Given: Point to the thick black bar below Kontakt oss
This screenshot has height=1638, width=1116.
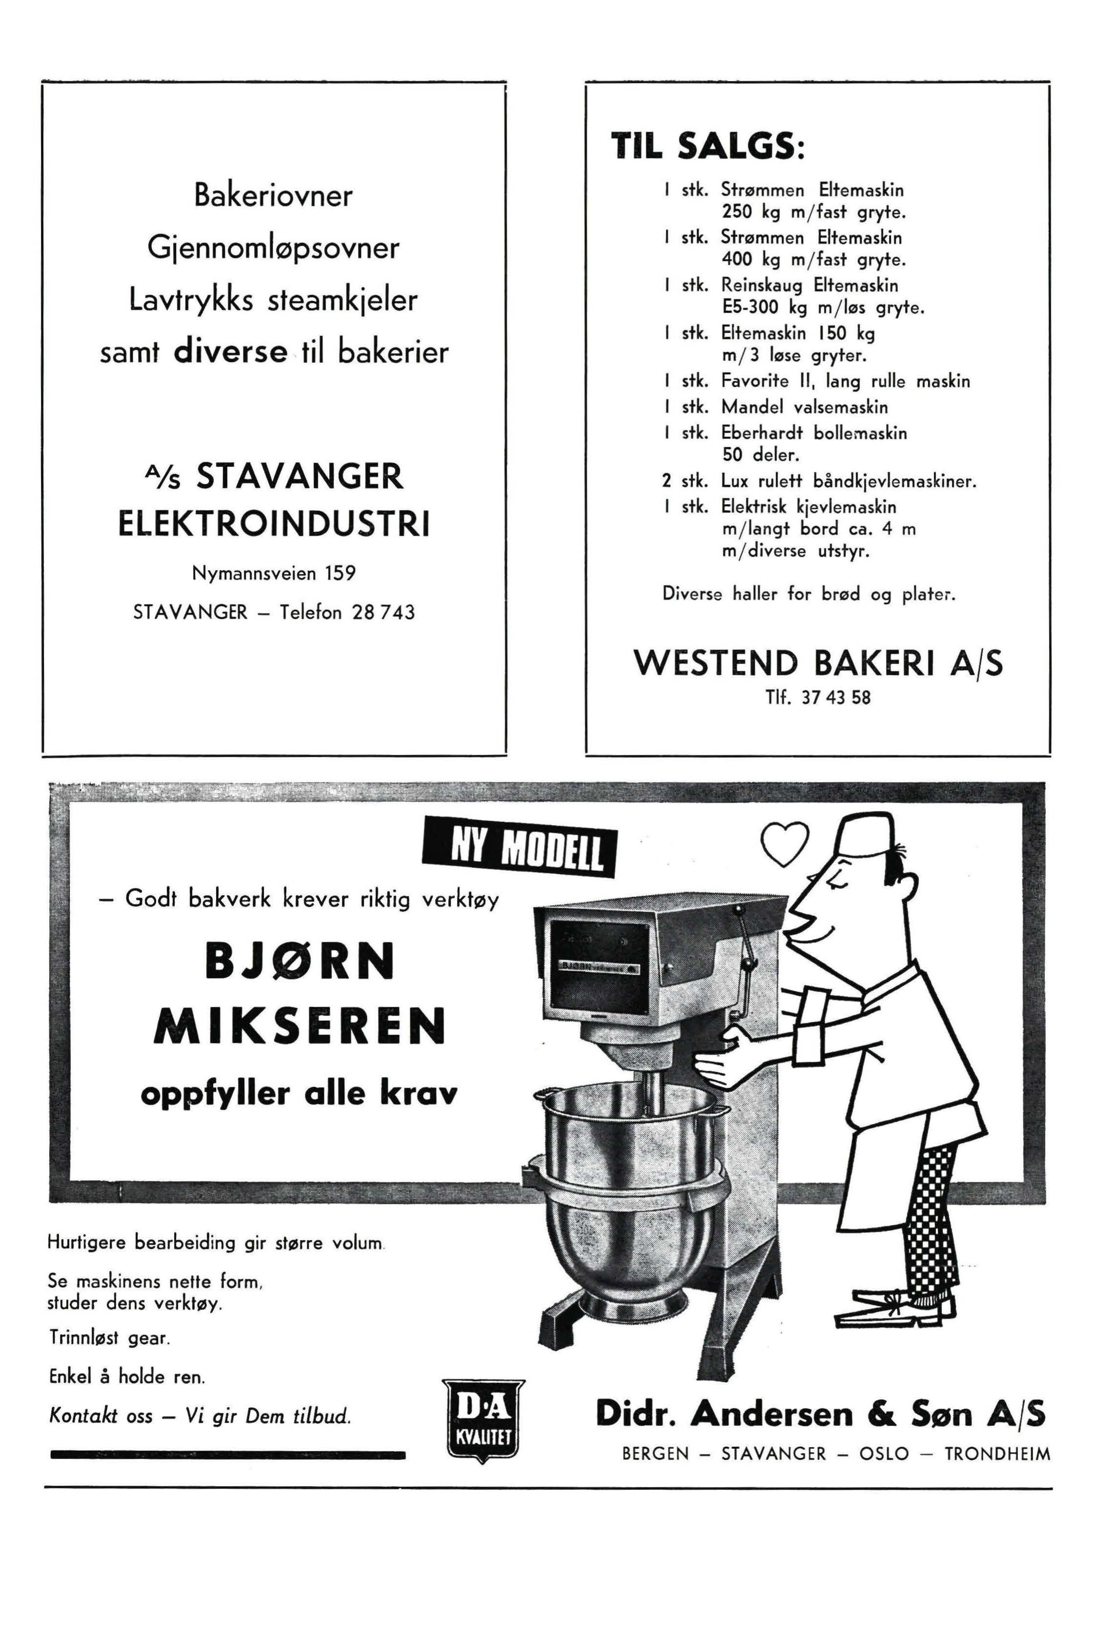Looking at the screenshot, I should point(228,1454).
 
